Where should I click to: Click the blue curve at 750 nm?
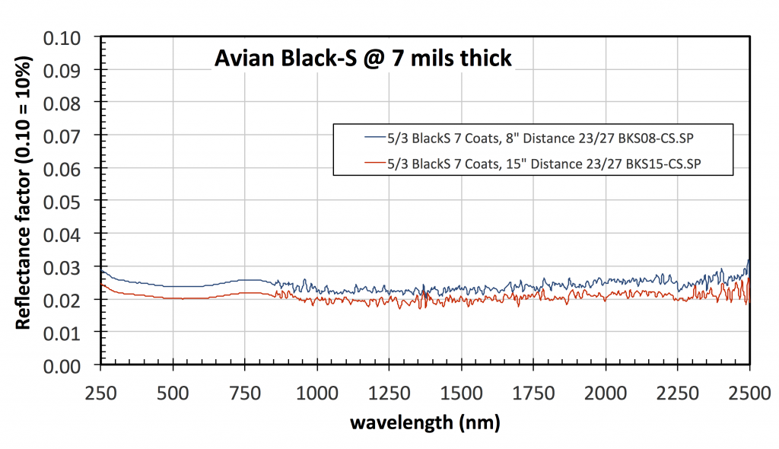click(x=245, y=280)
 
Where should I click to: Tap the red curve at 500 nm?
click(x=173, y=298)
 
